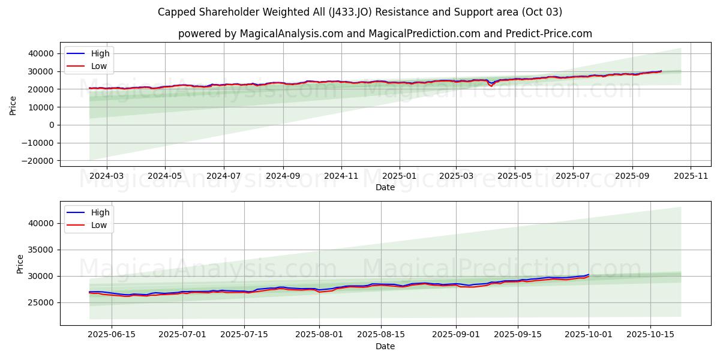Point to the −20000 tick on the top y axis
click(x=36, y=161)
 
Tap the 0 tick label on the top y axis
click(x=52, y=125)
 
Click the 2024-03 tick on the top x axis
click(x=106, y=176)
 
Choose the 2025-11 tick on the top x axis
click(x=691, y=176)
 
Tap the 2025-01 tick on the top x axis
click(x=399, y=176)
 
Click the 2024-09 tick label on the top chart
click(x=283, y=176)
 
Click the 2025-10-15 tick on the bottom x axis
click(x=650, y=335)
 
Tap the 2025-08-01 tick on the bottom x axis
click(x=319, y=335)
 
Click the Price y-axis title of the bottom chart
click(x=20, y=264)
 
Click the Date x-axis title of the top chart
click(x=385, y=187)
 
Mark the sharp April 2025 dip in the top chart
click(x=491, y=86)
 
